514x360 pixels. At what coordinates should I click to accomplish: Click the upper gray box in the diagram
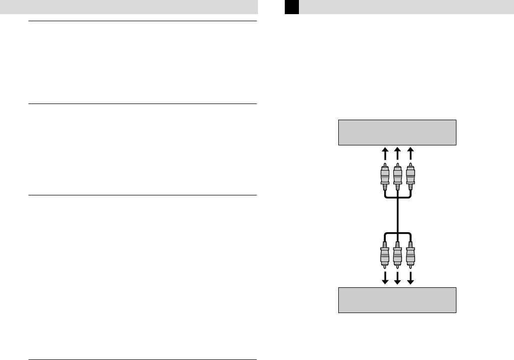397,132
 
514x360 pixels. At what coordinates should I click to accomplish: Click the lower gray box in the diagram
397,300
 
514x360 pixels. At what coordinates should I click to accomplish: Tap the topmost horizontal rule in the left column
142,21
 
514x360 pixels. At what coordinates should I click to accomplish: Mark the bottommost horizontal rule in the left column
142,359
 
